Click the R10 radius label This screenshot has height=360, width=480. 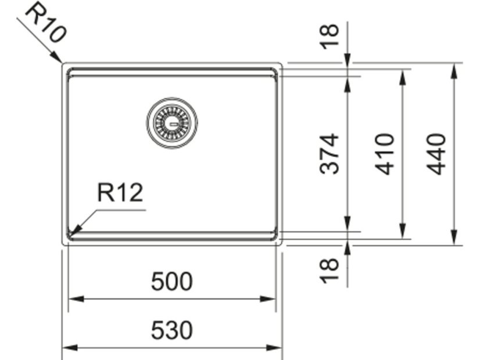click(x=46, y=22)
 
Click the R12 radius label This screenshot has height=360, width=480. click(x=120, y=192)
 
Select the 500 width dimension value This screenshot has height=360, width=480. click(x=172, y=281)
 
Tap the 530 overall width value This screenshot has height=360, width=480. click(x=172, y=330)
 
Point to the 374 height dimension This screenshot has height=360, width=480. click(x=329, y=153)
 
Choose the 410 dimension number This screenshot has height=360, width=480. click(x=384, y=154)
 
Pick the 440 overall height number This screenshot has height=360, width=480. click(x=436, y=154)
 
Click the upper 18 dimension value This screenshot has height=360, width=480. click(x=329, y=37)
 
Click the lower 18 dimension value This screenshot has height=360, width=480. click(x=329, y=271)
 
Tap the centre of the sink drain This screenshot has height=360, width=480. click(x=172, y=123)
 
